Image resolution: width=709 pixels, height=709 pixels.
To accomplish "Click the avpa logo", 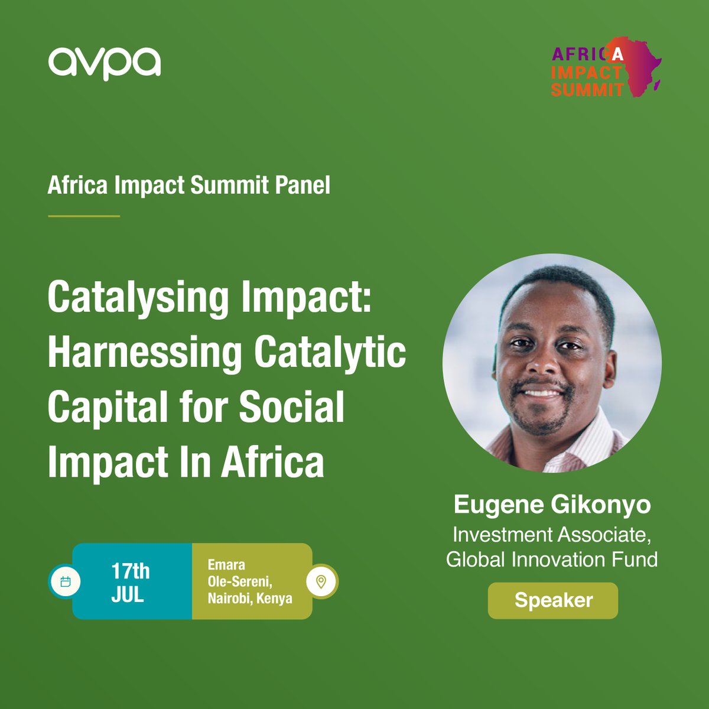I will click(105, 63).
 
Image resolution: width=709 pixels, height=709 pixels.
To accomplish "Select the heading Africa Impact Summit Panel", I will click(188, 185).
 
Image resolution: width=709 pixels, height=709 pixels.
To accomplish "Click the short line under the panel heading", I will click(84, 216).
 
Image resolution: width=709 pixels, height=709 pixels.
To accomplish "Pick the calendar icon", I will click(66, 581).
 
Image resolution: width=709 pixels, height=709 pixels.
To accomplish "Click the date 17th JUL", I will click(131, 582).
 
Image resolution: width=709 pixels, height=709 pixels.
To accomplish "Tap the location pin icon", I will click(321, 581).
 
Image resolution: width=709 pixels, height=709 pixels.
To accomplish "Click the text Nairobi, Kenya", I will click(250, 598).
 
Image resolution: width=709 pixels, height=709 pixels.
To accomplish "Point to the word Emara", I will click(226, 565).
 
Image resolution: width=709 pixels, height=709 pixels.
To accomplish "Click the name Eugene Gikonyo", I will click(552, 505).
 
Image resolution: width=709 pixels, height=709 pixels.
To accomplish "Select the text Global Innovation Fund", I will click(552, 559).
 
